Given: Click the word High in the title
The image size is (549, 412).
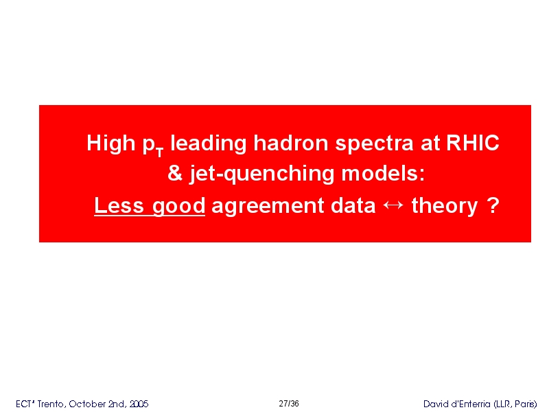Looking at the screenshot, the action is tap(110, 144).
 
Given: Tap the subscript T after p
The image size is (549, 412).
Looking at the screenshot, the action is tap(159, 152).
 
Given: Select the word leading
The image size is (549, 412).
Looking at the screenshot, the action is tap(209, 144).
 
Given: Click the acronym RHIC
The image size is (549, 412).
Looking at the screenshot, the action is tap(473, 143).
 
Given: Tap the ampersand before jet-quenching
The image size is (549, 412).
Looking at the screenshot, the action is tap(175, 173).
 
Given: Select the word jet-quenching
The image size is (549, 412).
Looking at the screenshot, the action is tap(262, 174).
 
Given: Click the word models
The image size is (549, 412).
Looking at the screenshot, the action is tap(383, 173).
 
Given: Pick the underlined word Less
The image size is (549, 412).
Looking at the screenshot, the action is tap(119, 205).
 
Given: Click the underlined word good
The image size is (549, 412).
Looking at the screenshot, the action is tap(178, 207).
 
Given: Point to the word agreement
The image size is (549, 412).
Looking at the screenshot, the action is tap(268, 207).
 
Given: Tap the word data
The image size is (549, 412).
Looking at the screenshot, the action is tap(353, 205).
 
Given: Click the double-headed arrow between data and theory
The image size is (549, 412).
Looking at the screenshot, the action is tap(393, 205).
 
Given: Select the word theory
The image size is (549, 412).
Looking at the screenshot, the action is tap(445, 207).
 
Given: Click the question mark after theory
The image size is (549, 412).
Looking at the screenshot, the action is tap(493, 205).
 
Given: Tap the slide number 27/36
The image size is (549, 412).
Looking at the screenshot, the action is tap(289, 404).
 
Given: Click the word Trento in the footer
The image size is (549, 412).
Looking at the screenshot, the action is tap(51, 404).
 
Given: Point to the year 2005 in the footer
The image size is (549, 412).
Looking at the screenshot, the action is tap(139, 404).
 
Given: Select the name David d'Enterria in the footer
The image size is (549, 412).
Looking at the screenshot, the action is tap(456, 404).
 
